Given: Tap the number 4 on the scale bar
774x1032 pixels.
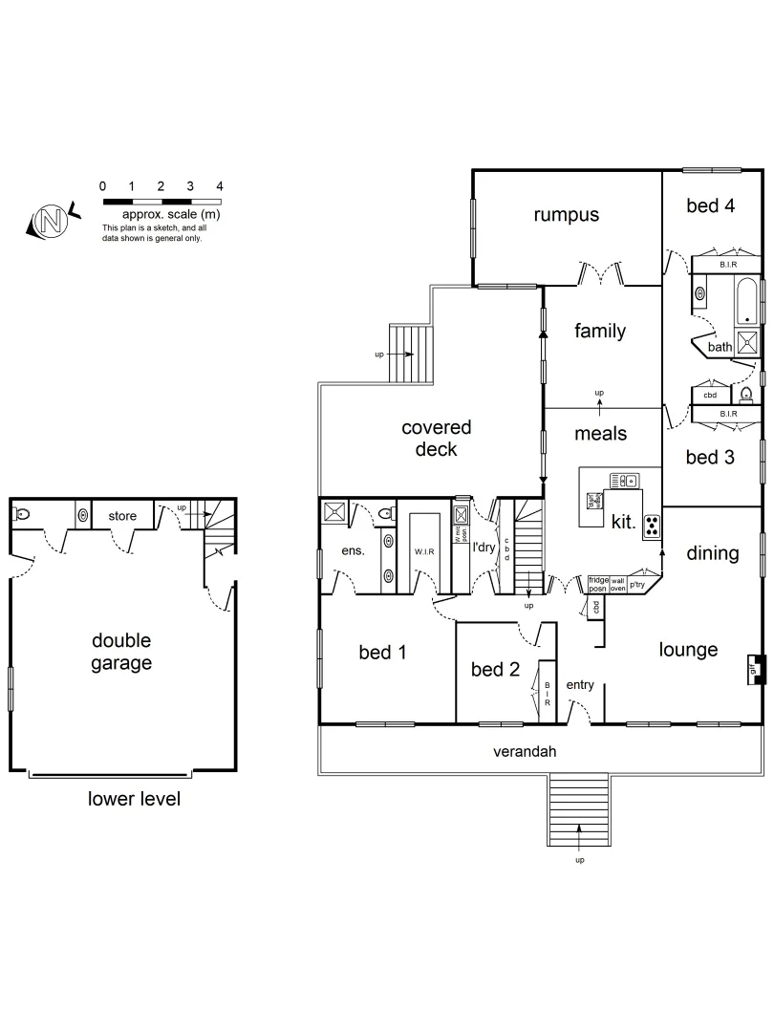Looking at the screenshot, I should [220, 186].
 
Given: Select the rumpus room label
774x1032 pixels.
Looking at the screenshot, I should [567, 214].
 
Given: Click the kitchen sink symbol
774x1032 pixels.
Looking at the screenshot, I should [623, 481].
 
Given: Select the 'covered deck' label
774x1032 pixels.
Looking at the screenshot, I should [436, 439].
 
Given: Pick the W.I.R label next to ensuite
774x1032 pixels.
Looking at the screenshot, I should [424, 551].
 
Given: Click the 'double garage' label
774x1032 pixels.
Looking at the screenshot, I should [121, 652].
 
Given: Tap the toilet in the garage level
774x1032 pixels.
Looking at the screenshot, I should [23, 514].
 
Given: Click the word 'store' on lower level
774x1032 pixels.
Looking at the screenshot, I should [121, 516].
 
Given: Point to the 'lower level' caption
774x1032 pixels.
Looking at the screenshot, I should [134, 799].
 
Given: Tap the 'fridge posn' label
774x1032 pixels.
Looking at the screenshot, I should [598, 583].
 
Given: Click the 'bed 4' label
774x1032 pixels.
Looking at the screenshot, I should [711, 205].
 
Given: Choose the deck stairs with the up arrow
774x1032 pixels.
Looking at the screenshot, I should [412, 355].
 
